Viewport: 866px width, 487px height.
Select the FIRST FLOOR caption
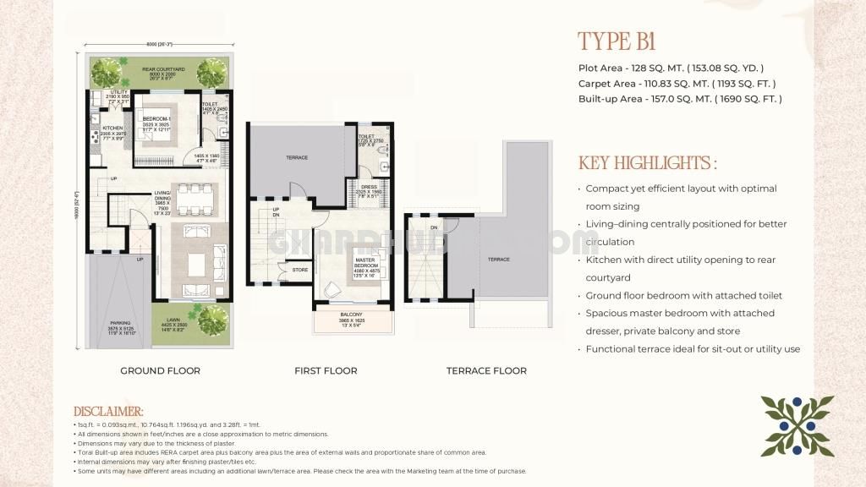point(326,370)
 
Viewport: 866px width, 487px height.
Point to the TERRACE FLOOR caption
point(486,370)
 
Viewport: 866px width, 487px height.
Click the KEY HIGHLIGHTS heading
point(647,162)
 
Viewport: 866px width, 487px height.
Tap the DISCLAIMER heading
point(109,411)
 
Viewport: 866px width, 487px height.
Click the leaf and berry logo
point(797,427)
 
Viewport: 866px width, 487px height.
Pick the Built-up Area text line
point(680,99)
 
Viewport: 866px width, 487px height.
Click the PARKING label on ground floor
point(120,323)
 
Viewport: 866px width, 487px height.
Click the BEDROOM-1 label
point(157,118)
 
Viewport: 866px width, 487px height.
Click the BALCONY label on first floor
point(351,314)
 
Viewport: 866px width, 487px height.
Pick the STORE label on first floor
point(300,271)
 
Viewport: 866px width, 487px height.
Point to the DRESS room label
point(369,187)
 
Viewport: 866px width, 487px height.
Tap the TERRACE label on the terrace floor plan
point(498,260)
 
